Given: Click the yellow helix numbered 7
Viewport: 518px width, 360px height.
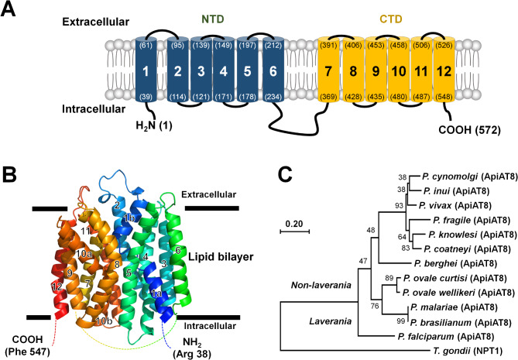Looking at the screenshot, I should point(330,79).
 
